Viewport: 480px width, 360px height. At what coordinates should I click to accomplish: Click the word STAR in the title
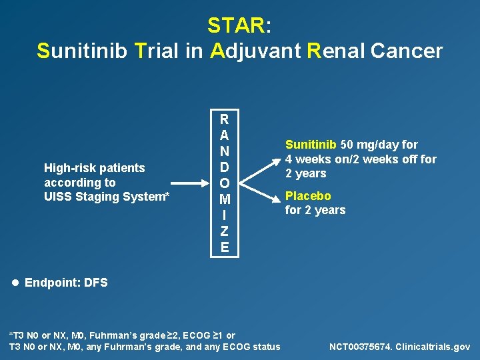click(236, 25)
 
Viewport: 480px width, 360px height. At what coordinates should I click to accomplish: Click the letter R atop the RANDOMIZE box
click(225, 119)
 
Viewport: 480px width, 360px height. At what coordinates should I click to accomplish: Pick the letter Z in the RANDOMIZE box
click(225, 231)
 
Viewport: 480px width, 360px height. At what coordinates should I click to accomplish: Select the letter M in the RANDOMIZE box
click(225, 199)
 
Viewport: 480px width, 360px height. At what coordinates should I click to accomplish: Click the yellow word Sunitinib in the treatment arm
click(311, 145)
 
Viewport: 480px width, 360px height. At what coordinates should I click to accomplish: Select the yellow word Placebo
click(308, 196)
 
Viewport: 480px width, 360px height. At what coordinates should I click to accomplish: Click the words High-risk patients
click(94, 168)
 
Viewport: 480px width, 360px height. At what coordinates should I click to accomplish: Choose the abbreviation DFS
click(95, 283)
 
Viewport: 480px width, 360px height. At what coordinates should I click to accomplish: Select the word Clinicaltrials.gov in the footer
click(433, 347)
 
